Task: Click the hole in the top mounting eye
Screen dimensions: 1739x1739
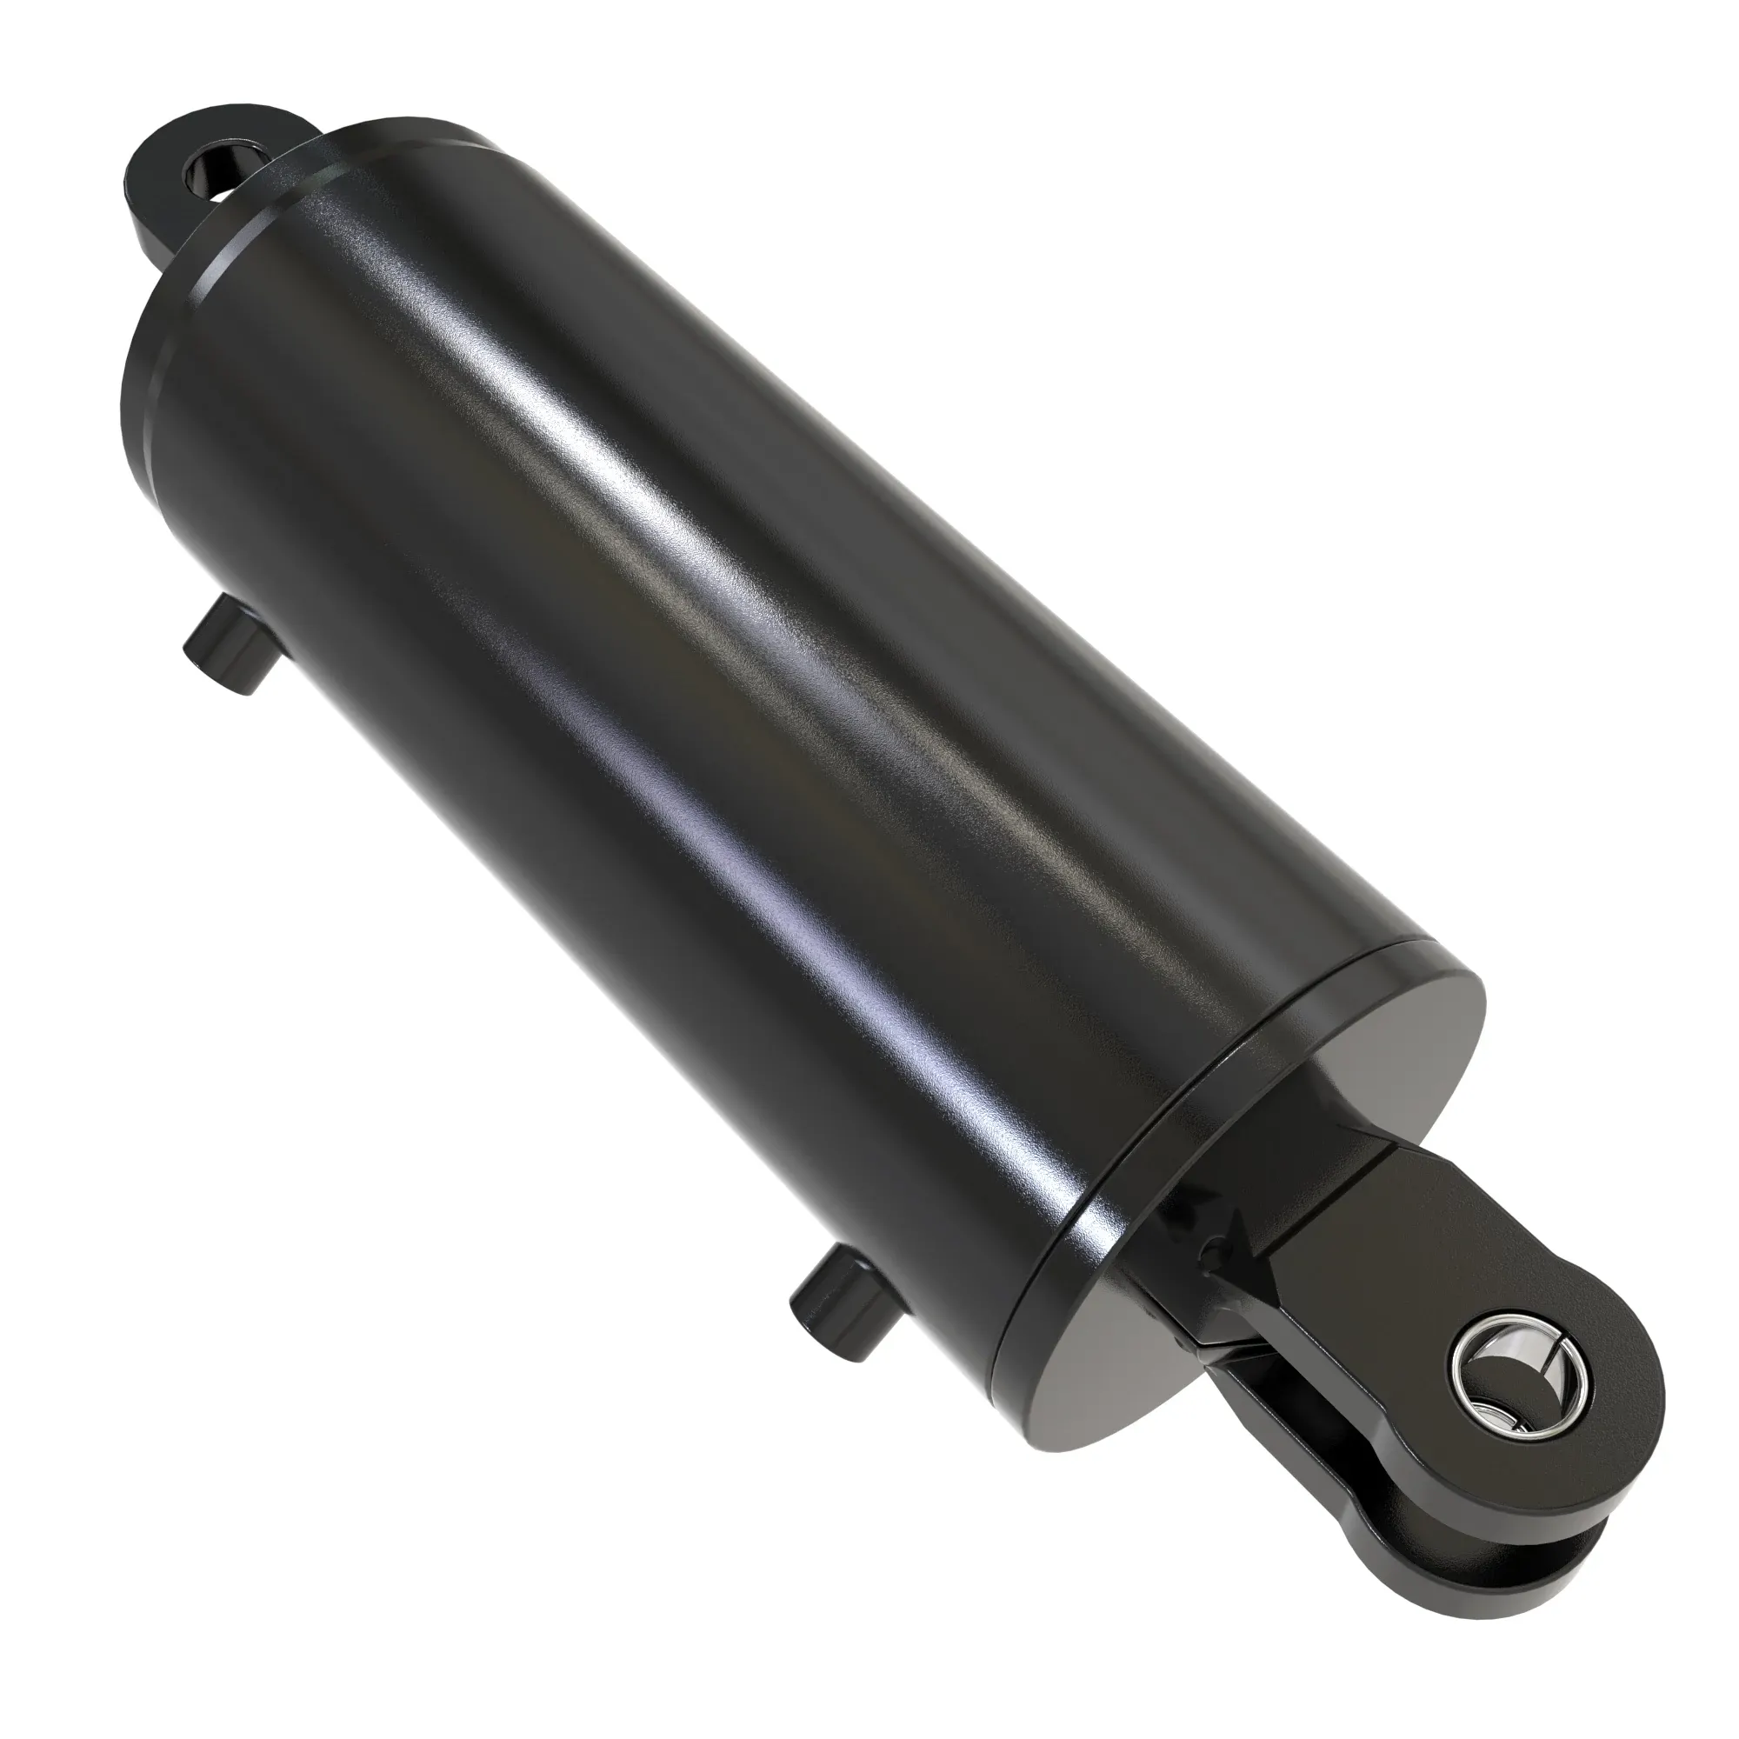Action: point(213,171)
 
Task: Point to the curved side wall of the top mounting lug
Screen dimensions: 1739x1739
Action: point(149,216)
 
